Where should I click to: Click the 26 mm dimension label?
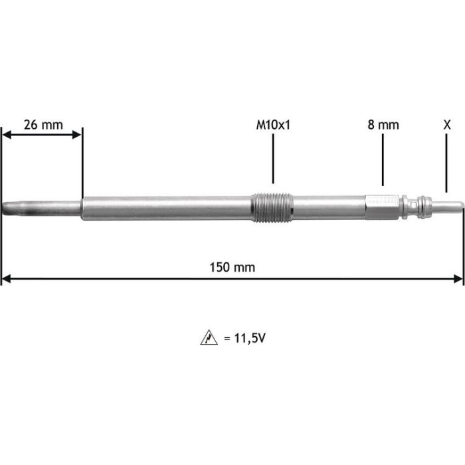[43, 125]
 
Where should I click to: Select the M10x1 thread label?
[273, 125]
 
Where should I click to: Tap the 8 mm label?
[383, 125]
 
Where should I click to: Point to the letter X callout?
[447, 125]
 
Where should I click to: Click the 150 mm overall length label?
[232, 267]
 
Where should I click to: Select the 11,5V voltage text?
[249, 337]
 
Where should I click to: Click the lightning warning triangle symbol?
[209, 337]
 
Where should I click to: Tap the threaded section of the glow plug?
[272, 207]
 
